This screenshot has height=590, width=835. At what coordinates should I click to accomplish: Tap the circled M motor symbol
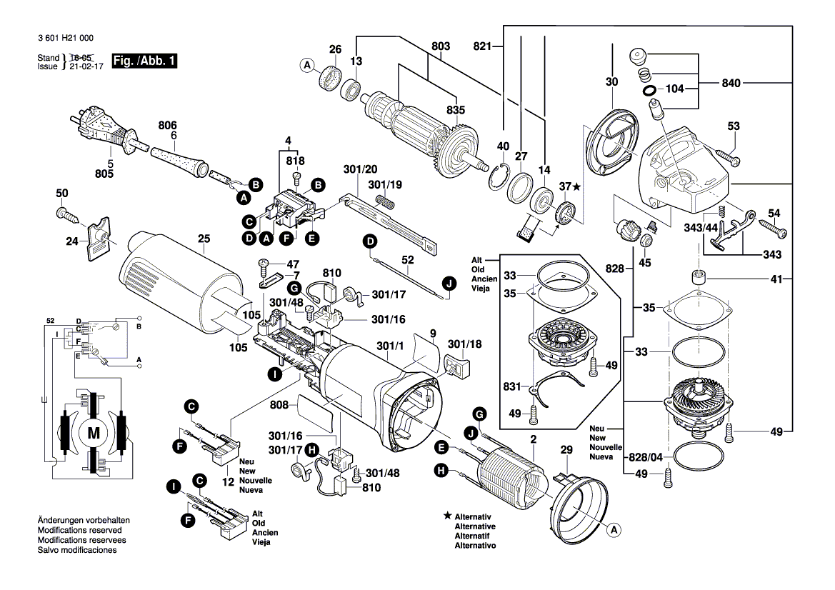pos(94,431)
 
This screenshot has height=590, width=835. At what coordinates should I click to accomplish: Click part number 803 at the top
pos(441,46)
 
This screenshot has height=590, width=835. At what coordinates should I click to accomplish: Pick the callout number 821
pos(483,46)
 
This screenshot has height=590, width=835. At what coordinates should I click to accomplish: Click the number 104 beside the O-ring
pos(674,90)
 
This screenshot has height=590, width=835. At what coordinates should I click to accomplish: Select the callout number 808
pos(280,405)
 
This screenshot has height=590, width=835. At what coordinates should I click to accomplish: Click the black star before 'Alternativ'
pos(447,515)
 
